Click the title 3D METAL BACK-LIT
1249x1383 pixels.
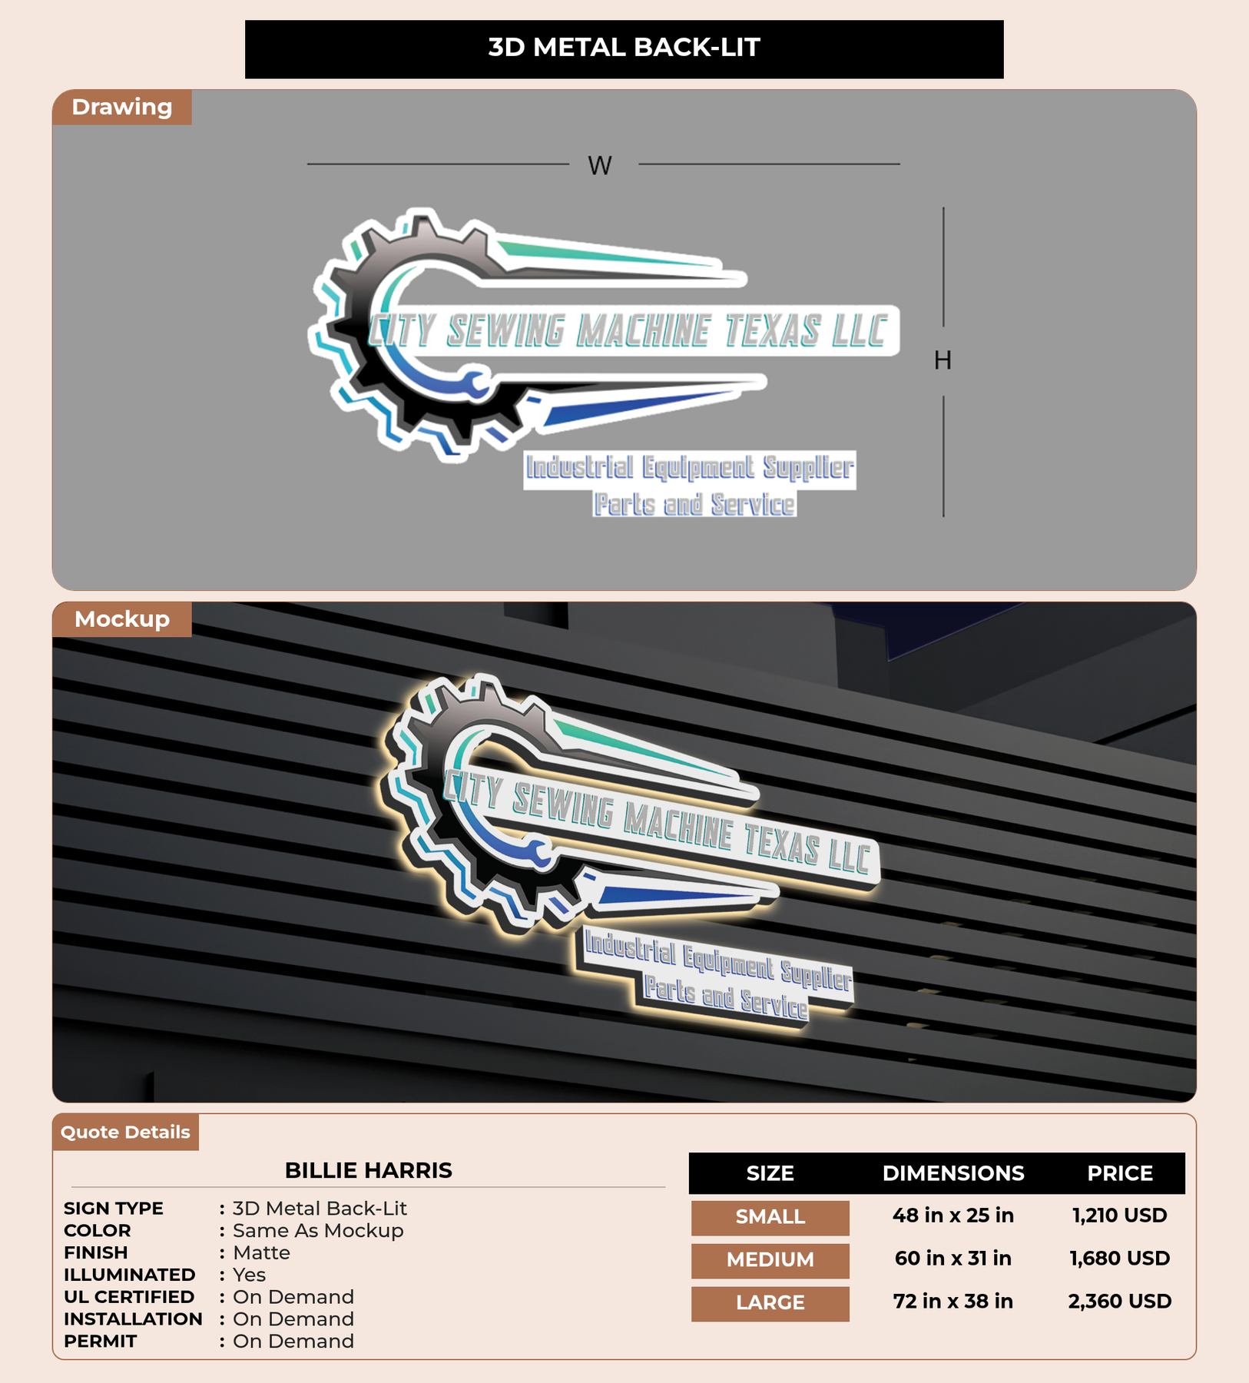[624, 48]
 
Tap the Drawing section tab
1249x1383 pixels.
[122, 107]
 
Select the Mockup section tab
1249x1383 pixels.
[122, 619]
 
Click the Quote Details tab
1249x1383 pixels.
[125, 1132]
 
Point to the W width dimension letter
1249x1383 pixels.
[600, 165]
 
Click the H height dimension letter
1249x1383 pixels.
[943, 360]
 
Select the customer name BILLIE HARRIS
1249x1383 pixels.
[369, 1170]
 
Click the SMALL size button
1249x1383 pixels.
[770, 1218]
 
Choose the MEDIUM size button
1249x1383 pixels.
[770, 1261]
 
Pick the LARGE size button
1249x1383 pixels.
[770, 1304]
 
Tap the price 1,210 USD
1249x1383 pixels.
[1120, 1216]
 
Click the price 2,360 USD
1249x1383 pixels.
[1120, 1302]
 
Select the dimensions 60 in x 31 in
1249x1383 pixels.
[953, 1259]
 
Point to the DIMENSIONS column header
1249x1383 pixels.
[953, 1173]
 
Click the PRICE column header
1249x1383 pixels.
[1120, 1173]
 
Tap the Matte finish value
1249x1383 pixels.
[261, 1253]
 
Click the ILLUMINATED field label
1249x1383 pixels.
[129, 1275]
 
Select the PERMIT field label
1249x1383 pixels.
[101, 1342]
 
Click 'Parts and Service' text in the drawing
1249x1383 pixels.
[694, 505]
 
